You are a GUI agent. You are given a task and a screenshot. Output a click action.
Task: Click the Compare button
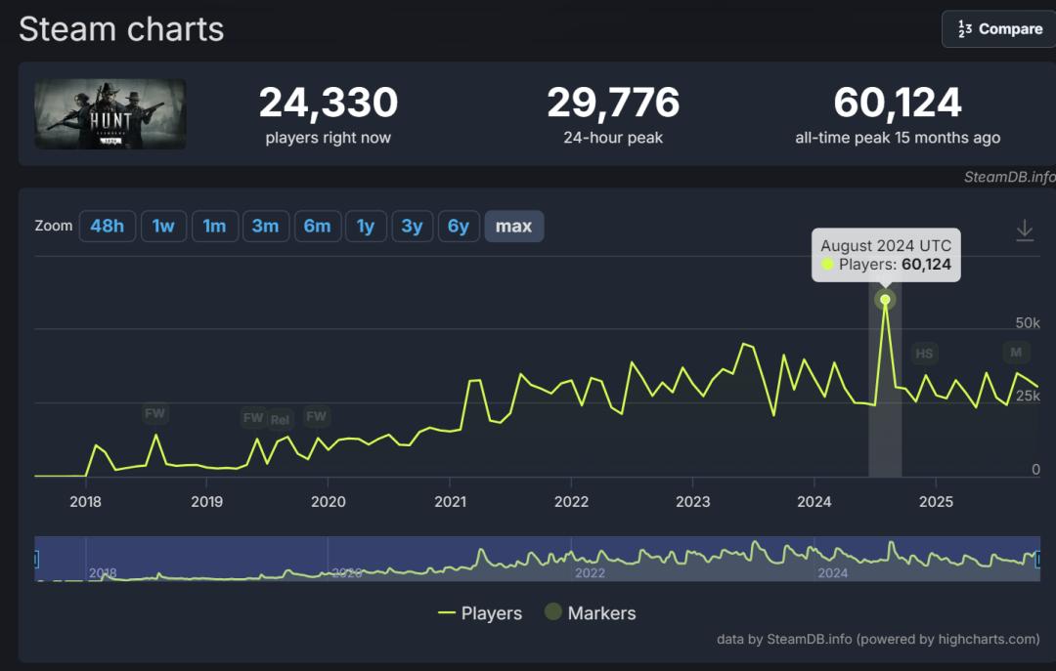pos(998,29)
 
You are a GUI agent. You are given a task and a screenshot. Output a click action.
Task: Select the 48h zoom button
pos(107,227)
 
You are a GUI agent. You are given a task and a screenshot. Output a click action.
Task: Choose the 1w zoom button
pos(163,227)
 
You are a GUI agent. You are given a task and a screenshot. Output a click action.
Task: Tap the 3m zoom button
pos(265,227)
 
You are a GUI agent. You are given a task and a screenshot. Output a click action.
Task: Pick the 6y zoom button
pos(459,227)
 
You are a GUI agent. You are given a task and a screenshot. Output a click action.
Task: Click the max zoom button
pos(513,227)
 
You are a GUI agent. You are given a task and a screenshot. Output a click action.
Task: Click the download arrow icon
pos(1024,231)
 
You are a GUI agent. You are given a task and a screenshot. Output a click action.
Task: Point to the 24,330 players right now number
pos(328,103)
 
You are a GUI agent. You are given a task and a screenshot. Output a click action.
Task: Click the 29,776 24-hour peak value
pos(613,103)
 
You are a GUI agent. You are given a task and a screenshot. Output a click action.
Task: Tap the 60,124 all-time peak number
pos(898,103)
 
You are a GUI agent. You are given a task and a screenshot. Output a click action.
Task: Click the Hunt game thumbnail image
pos(110,114)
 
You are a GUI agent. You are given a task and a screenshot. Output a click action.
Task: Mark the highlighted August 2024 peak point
pos(885,300)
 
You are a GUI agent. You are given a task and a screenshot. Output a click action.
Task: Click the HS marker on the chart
pos(923,354)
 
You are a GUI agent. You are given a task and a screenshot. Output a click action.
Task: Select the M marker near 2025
pos(1016,352)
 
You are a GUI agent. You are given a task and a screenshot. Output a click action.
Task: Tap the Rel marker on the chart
pos(280,419)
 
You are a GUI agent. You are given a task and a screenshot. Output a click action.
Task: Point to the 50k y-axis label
pos(1027,323)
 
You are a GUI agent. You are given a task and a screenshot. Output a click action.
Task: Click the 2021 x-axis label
pos(450,502)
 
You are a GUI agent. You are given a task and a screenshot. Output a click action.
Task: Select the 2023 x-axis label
pos(692,502)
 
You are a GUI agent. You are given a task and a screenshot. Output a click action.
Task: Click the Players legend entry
pos(480,613)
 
